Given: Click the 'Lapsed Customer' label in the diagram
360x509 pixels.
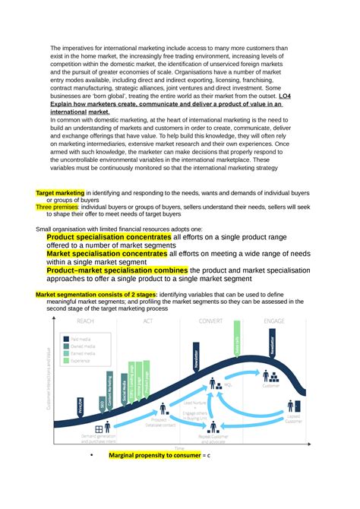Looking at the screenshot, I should (294, 419).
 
